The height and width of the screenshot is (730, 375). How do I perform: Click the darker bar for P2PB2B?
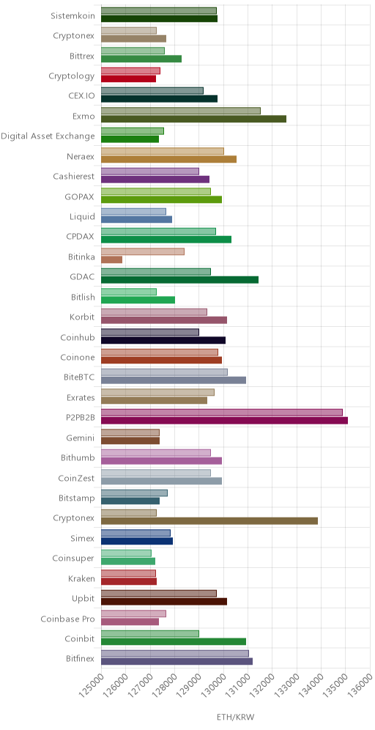pos(224,421)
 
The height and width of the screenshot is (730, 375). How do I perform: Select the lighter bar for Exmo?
pos(180,111)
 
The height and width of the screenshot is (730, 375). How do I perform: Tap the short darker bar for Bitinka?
pos(111,259)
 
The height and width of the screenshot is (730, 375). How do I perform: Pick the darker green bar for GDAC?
pos(179,280)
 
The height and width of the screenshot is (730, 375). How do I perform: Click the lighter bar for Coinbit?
pos(150,634)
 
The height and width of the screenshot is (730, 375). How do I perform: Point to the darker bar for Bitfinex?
pos(177,661)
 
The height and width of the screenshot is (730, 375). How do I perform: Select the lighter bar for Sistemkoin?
pos(159,11)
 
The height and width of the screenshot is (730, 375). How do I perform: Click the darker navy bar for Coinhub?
pos(163,340)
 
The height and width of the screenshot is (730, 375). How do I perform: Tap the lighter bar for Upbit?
pos(159,594)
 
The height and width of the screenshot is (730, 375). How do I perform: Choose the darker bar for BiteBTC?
pos(174,380)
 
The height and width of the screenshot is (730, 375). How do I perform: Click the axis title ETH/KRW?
pos(235,717)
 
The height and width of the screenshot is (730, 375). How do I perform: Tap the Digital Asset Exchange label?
pos(48,136)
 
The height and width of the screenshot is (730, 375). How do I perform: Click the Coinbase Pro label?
pos(68,619)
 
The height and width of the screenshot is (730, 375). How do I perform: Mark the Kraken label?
pos(81,579)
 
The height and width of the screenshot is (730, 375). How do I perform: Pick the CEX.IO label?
pos(81,96)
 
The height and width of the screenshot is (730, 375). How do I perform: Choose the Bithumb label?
pos(78,458)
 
